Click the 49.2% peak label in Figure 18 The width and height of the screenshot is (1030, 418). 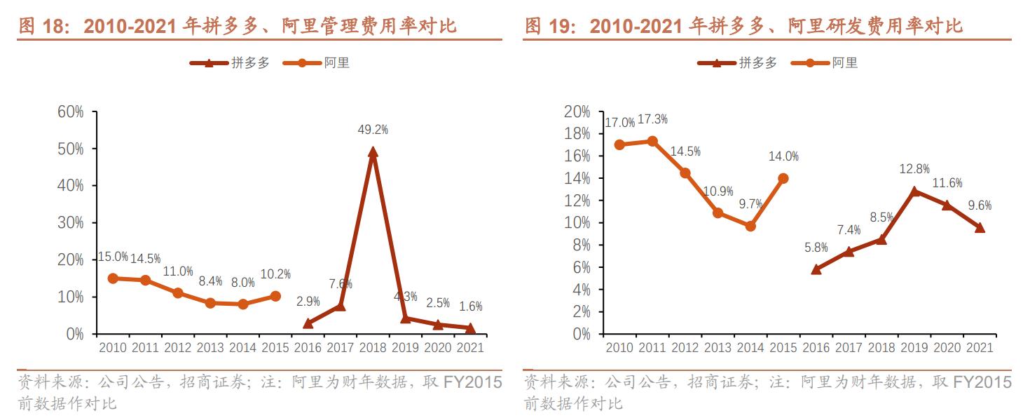[373, 130]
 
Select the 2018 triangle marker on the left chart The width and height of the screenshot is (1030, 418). [373, 151]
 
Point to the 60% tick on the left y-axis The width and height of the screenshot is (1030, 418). [70, 112]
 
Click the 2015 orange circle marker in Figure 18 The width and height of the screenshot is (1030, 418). [275, 296]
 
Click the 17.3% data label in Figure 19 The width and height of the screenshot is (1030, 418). [652, 121]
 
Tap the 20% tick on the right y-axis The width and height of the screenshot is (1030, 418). [577, 112]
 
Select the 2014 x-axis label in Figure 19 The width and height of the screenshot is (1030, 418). [750, 349]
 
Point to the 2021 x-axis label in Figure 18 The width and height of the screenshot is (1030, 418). [470, 349]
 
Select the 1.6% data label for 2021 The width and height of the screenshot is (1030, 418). [469, 306]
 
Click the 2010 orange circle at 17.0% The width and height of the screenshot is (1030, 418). [619, 144]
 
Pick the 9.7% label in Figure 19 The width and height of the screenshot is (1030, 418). [750, 204]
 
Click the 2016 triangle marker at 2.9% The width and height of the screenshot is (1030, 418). [308, 323]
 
